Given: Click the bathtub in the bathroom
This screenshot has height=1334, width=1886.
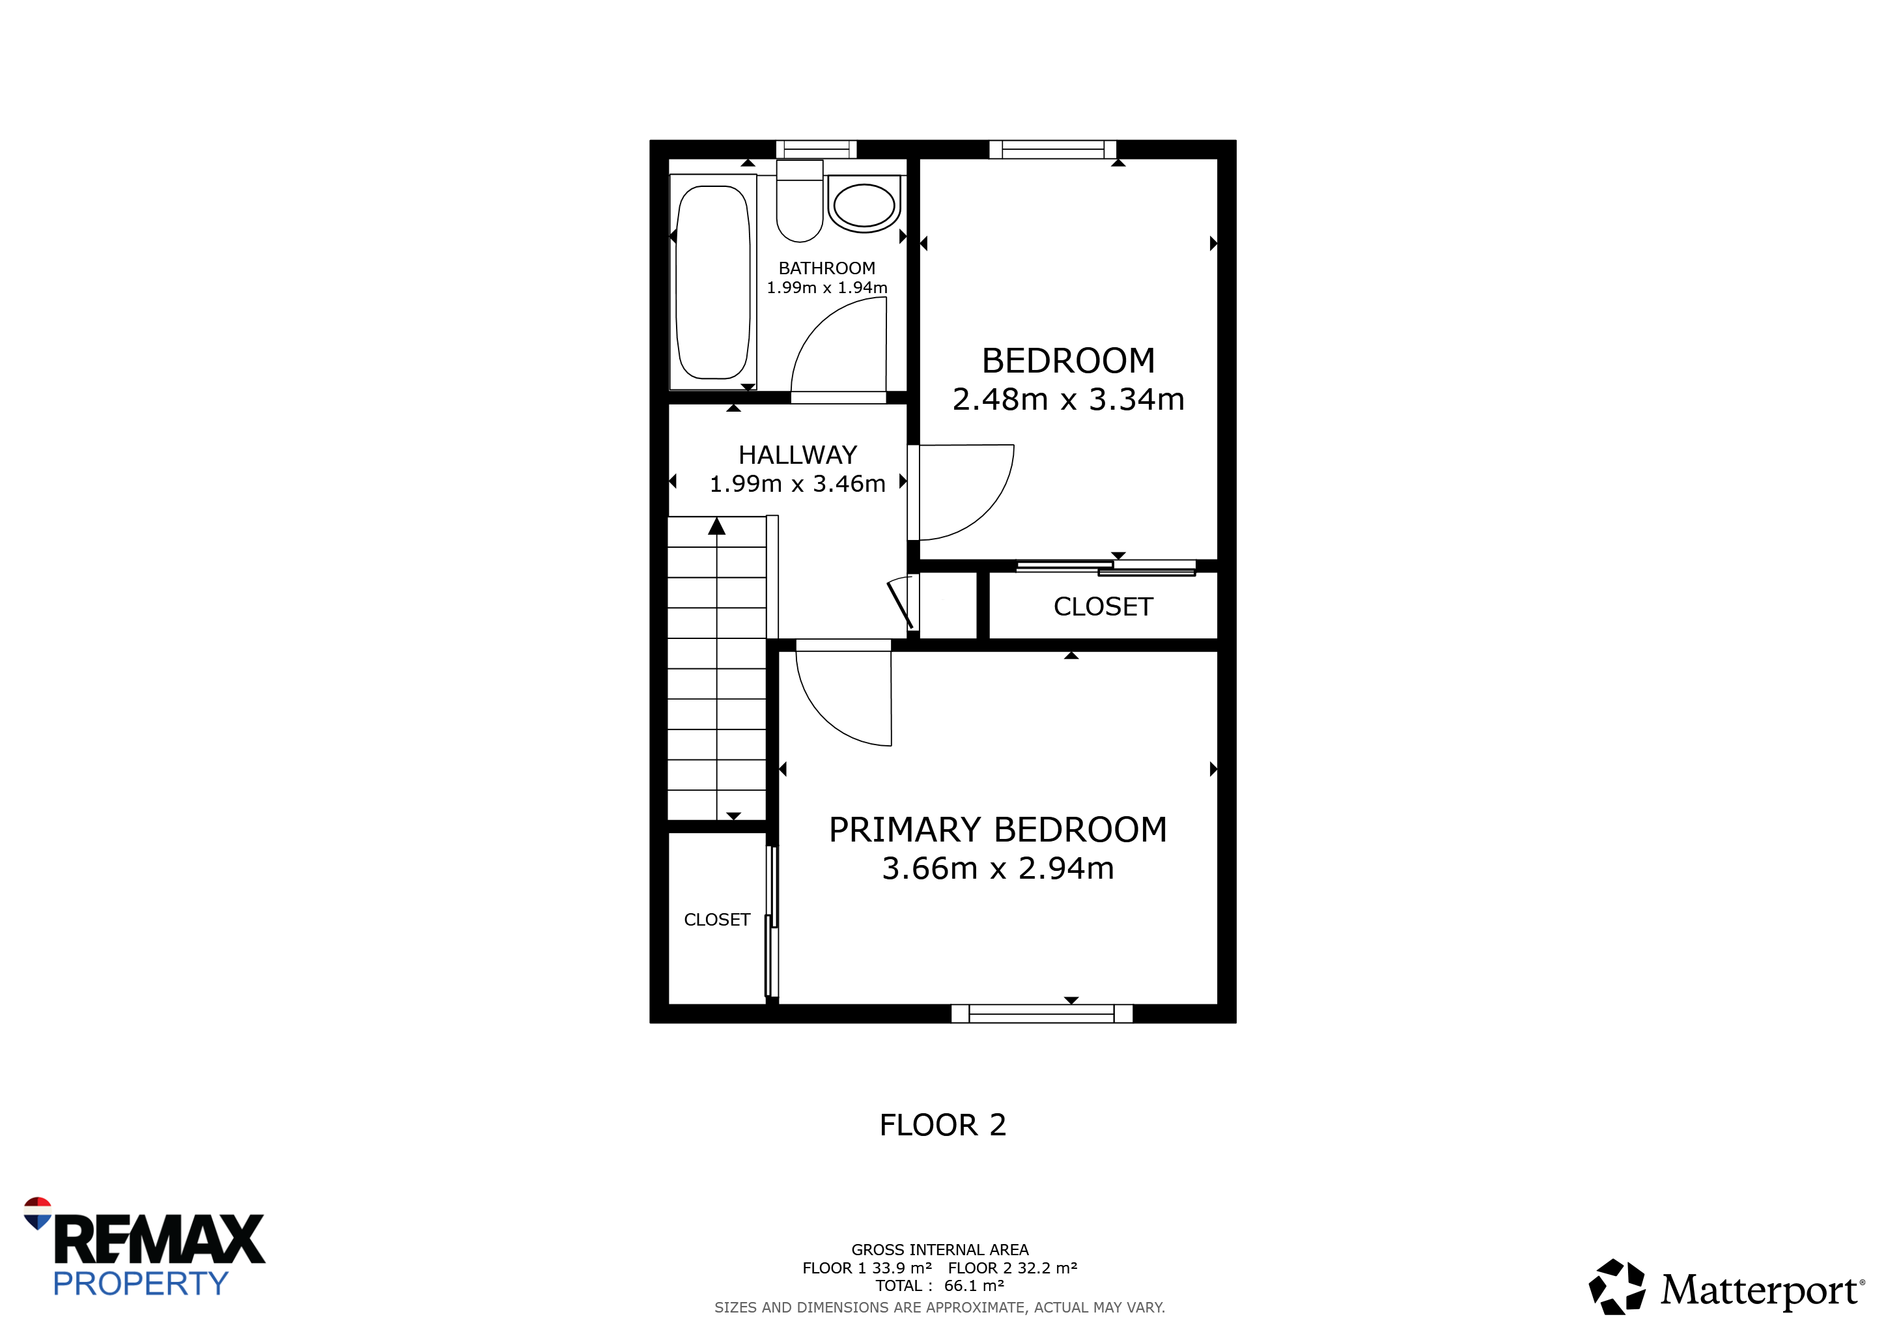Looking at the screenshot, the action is coord(713,282).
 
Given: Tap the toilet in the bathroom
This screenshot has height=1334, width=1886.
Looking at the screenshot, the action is coord(800,201).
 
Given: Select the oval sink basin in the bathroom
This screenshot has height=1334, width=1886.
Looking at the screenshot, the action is coord(864,205).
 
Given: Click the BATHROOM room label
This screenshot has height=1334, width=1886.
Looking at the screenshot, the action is coord(826,268).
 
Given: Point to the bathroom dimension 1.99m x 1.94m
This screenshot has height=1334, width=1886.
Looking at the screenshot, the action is coord(826,287).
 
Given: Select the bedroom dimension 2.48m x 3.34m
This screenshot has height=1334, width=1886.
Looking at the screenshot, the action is coord(1068,399).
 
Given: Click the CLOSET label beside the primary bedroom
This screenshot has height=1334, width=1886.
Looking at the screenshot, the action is coord(717,920).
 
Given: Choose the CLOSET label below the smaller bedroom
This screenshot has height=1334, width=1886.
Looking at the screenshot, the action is coord(1103,607).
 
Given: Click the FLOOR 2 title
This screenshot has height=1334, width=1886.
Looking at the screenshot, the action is coord(943,1126).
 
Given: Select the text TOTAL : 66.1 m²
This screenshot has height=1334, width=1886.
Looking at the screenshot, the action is coord(940,1286).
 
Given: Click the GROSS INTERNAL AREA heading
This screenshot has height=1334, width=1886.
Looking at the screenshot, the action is coord(940,1250).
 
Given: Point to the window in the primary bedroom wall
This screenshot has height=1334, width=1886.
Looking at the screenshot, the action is coord(1041,1014).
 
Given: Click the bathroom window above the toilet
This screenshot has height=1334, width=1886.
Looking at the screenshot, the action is coord(817,150).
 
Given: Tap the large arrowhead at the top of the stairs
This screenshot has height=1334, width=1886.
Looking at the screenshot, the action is coord(717,526).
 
